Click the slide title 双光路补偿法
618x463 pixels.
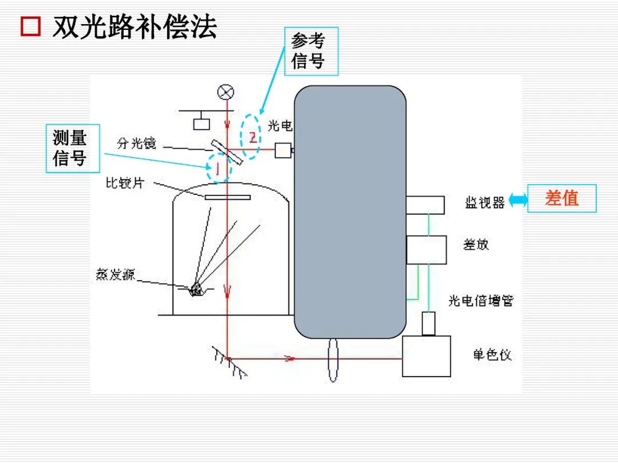click(135, 27)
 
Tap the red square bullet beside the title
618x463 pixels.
click(30, 27)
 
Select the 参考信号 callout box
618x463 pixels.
click(311, 51)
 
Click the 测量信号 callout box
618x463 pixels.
click(73, 149)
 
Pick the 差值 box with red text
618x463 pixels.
click(561, 198)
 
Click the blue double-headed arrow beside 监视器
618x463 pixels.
click(518, 199)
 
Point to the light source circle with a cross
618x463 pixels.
click(227, 92)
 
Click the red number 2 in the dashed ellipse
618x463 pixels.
click(252, 137)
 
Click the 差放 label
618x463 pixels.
click(476, 245)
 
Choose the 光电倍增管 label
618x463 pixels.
click(481, 301)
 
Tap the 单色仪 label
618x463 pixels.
click(492, 355)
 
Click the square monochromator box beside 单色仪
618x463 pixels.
click(426, 356)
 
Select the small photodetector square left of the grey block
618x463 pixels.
click(283, 150)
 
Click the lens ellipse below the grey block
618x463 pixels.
click(333, 360)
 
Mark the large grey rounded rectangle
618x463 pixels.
click(350, 211)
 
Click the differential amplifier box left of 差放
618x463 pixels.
click(426, 250)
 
